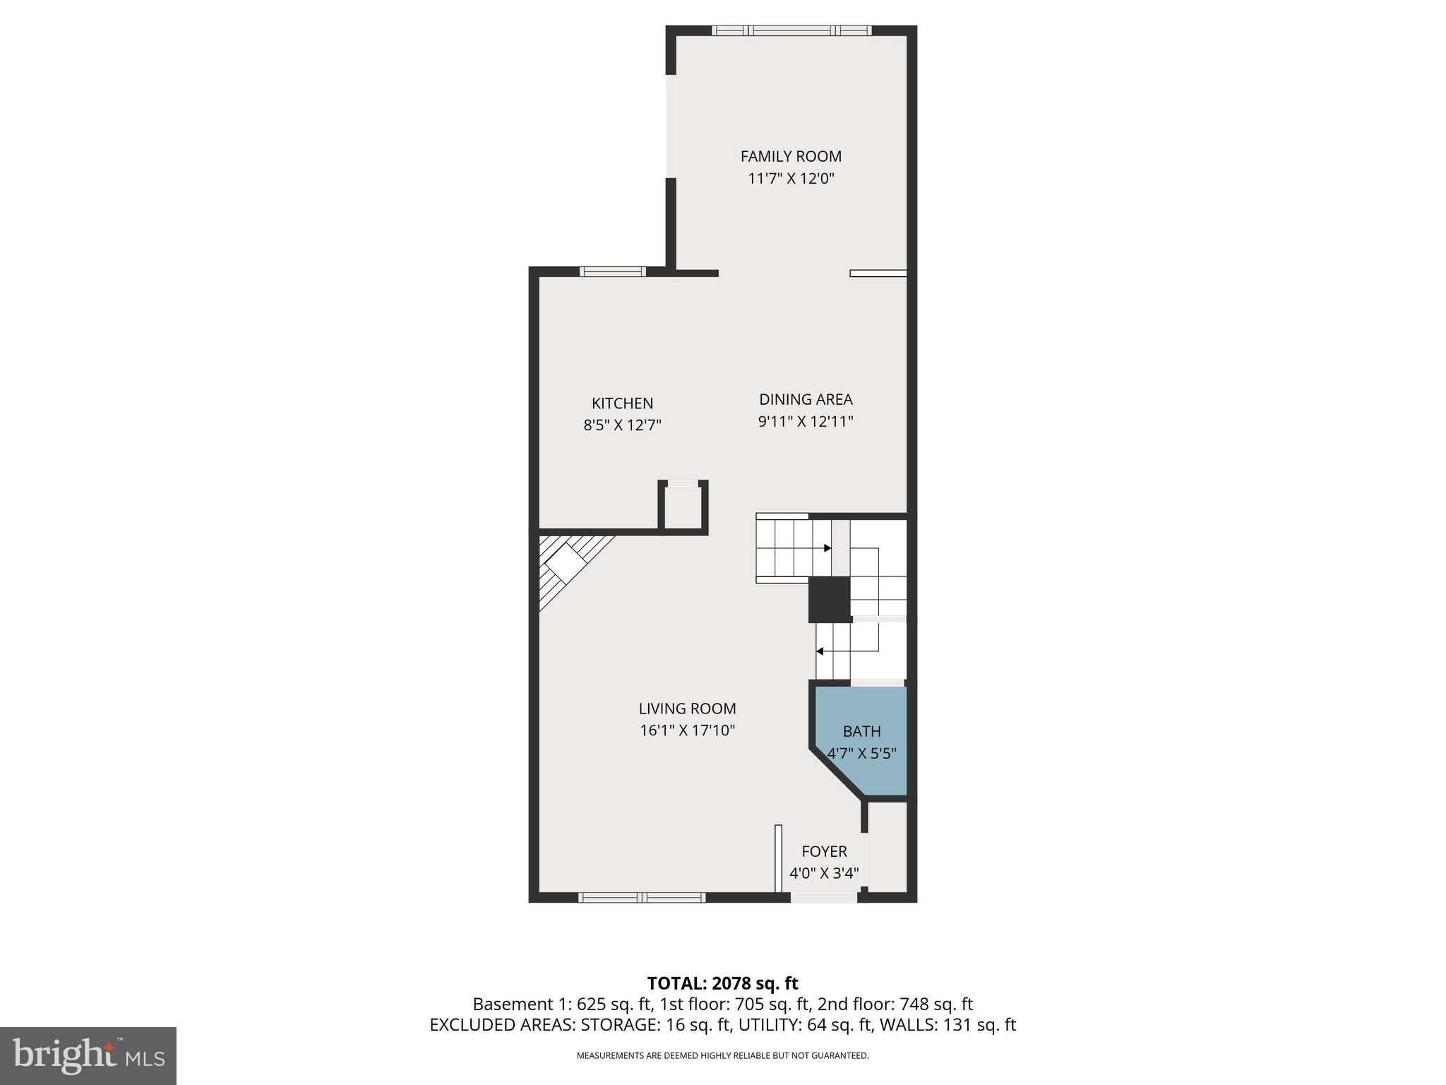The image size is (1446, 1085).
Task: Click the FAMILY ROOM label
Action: coord(791,156)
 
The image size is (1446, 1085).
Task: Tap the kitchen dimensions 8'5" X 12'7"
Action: coord(622,425)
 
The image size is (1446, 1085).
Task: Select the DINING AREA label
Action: coord(806,399)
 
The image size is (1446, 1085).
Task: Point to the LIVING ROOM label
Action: coord(687,708)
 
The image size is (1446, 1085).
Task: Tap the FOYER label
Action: coord(824,851)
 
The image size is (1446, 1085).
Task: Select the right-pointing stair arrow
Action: coord(827,548)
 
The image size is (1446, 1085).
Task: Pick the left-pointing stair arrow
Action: coord(820,651)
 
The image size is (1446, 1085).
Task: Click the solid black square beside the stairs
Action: coord(829,600)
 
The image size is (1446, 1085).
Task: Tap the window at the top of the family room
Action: coord(791,30)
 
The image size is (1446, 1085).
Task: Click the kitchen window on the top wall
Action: coord(612,271)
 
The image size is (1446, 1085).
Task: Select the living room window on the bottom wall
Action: coord(641,897)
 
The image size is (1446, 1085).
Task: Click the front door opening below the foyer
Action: coord(823,897)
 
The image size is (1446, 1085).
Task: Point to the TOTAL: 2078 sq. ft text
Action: coord(722,983)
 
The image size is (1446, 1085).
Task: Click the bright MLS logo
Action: coord(88,1055)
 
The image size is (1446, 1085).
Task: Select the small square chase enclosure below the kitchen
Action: coord(683,506)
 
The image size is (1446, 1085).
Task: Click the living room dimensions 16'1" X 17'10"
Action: coord(687,730)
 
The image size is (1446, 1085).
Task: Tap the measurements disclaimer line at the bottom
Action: coord(722,1056)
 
